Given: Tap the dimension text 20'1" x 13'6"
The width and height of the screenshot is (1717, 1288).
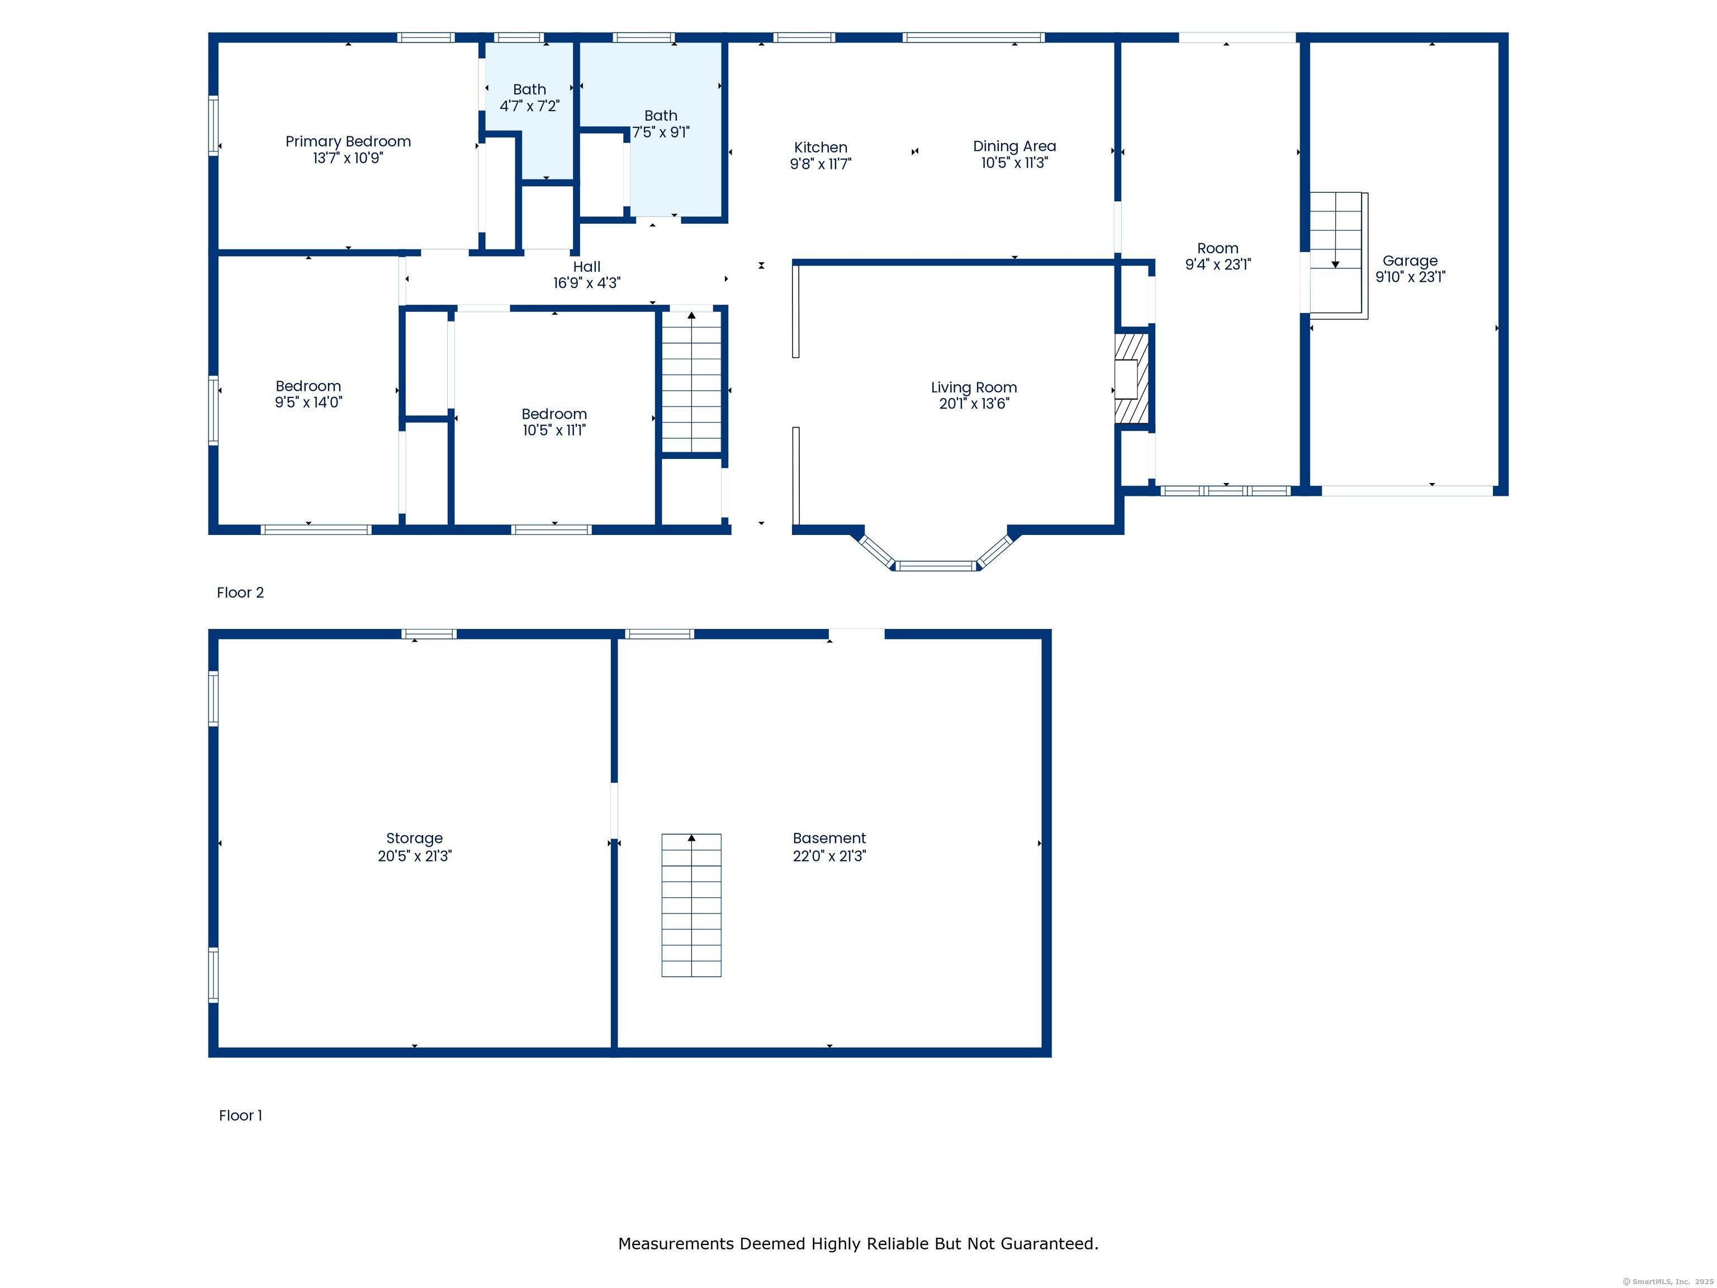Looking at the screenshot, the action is tap(974, 404).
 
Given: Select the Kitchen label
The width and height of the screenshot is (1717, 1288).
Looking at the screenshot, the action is tap(820, 148).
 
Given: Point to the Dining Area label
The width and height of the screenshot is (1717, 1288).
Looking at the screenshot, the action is tap(1014, 146).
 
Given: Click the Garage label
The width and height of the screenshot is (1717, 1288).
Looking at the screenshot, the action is tap(1410, 261).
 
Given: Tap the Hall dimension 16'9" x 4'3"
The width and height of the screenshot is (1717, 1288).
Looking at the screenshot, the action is tap(587, 283).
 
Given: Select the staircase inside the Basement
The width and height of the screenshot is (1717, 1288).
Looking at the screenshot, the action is tap(691, 905).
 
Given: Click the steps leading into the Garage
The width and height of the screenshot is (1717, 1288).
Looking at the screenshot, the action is tap(1338, 255).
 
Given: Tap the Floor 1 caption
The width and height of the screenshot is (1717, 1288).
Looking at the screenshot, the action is tap(241, 1116).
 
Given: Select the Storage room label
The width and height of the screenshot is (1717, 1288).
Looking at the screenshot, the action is tap(415, 839).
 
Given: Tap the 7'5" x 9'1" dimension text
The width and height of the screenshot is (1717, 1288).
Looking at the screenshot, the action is tap(661, 132).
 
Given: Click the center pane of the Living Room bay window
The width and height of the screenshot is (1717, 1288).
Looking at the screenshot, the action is tap(936, 566).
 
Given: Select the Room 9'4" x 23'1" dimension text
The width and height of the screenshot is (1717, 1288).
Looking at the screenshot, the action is tap(1218, 265).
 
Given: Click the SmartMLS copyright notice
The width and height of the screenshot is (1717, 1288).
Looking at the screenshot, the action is tap(1668, 1282).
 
